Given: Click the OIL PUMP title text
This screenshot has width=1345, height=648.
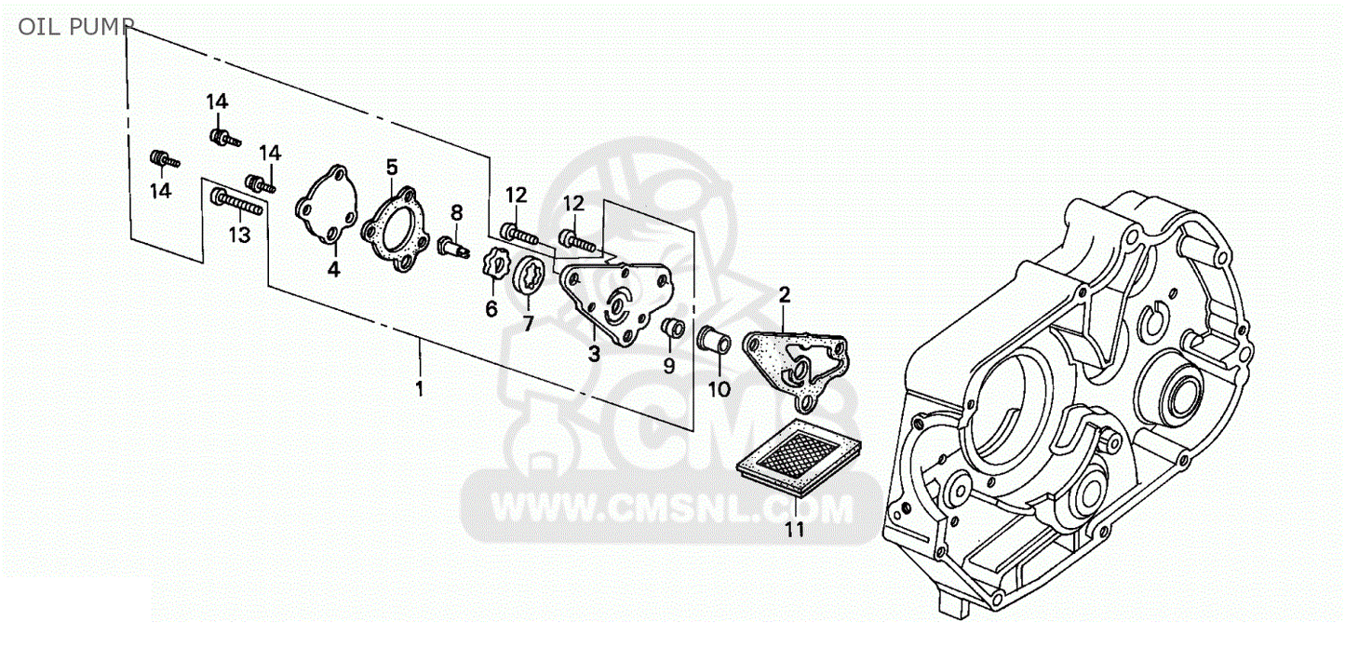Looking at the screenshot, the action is [x=76, y=27].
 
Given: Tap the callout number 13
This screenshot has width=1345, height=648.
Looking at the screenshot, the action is [x=239, y=235].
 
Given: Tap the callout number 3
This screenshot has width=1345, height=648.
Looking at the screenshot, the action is [x=594, y=354].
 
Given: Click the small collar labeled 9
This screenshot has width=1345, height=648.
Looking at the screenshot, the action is [x=673, y=328].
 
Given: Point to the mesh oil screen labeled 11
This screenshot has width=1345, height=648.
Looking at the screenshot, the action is [x=799, y=457].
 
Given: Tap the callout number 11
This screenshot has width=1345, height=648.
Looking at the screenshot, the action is [x=794, y=530].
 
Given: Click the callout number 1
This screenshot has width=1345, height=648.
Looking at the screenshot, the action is [x=420, y=388].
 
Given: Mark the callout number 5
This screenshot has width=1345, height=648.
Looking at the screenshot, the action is [x=392, y=167].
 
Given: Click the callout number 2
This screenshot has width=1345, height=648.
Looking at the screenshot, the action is [x=784, y=295].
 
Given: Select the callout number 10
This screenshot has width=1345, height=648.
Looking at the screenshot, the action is [x=719, y=390].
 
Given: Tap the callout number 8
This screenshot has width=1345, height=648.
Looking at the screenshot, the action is [x=457, y=212].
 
